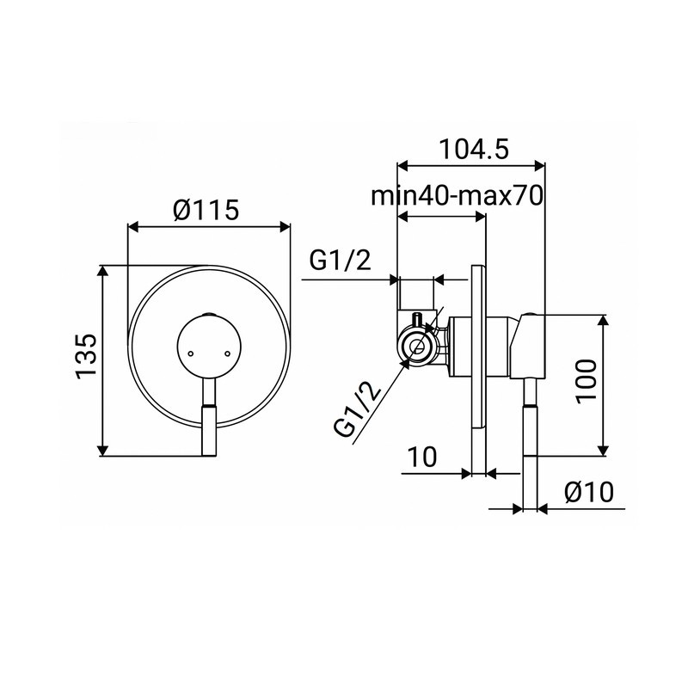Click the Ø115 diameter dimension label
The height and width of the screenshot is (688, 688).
tap(205, 209)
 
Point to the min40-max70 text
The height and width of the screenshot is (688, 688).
tap(455, 195)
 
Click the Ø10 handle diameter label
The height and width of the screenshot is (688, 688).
tap(588, 494)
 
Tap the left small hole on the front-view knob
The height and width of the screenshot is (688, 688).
tap(190, 352)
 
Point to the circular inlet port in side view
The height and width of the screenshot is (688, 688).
tap(417, 348)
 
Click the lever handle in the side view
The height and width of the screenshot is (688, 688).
tap(531, 421)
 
